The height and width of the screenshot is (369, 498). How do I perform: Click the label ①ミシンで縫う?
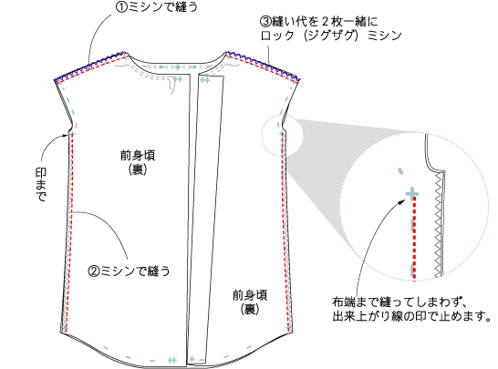(x=156, y=7)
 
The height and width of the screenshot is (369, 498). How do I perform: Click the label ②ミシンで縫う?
(x=129, y=272)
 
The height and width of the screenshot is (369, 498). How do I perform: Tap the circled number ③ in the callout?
(x=265, y=22)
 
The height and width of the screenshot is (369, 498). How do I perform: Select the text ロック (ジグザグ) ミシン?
(x=331, y=36)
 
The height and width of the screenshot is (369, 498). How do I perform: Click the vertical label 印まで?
(x=41, y=184)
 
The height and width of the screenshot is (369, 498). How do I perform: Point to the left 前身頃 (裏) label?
(x=138, y=162)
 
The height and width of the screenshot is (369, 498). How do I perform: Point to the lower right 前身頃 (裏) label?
(x=250, y=302)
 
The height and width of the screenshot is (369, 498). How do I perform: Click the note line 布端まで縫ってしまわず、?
(x=399, y=302)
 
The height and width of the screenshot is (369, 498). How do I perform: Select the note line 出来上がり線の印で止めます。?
(x=412, y=316)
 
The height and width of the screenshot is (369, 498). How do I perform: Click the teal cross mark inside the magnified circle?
(x=412, y=193)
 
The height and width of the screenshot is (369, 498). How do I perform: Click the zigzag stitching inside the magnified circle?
(x=439, y=225)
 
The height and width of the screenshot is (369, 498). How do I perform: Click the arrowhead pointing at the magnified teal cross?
(x=402, y=200)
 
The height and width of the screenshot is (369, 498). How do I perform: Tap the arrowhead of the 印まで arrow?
(x=65, y=136)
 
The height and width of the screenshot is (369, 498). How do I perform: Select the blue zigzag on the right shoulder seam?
(x=264, y=66)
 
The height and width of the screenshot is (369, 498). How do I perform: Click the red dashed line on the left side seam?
(x=70, y=232)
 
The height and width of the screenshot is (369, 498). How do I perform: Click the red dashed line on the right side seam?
(x=285, y=232)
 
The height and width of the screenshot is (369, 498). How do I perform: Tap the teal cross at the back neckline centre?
(x=177, y=67)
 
